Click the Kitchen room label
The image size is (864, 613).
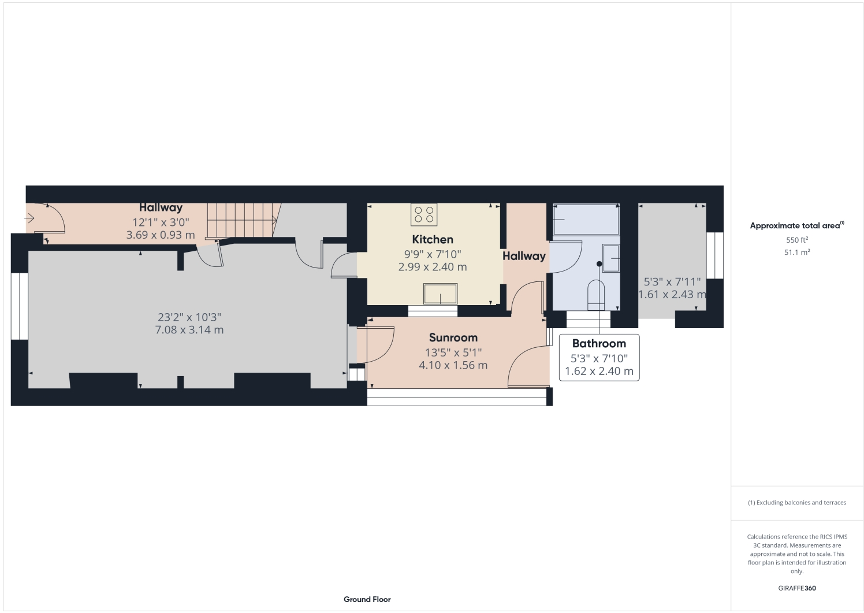432,239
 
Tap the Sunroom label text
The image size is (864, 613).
453,337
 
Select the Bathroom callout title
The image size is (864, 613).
599,343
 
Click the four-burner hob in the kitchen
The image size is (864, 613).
424,214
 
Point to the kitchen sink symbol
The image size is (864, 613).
440,294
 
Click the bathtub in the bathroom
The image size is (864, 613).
586,220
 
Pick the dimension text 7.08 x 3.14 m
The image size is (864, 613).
189,330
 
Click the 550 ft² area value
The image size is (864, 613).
796,240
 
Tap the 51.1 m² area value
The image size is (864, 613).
796,252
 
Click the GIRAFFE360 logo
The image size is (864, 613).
796,588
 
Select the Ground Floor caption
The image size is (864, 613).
367,599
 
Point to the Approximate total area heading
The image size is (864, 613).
796,226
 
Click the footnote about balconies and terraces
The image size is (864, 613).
796,503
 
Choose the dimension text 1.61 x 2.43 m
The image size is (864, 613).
672,295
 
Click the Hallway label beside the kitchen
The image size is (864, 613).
524,256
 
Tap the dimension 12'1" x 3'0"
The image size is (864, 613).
161,222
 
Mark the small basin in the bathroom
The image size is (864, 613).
610,254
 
